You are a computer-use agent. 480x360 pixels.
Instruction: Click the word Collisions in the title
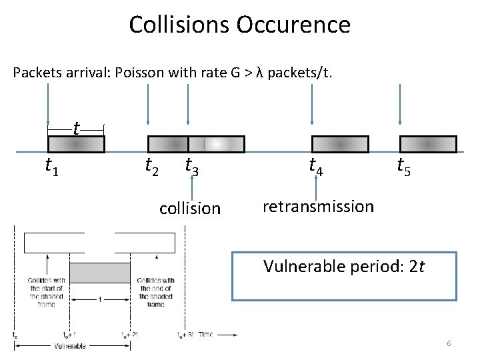coord(177,25)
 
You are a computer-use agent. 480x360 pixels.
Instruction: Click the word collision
coord(190,209)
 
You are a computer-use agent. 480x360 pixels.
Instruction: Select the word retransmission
coord(318,207)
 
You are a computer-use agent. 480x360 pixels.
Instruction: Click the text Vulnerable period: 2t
coord(343,267)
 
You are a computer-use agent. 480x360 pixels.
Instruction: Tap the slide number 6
coord(449,343)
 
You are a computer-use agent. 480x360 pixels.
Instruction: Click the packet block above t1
coord(76,144)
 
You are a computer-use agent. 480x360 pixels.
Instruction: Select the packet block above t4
coord(340,144)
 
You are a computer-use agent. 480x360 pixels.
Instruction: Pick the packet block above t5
coord(427,144)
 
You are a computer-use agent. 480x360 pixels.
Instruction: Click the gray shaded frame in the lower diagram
coord(100,272)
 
